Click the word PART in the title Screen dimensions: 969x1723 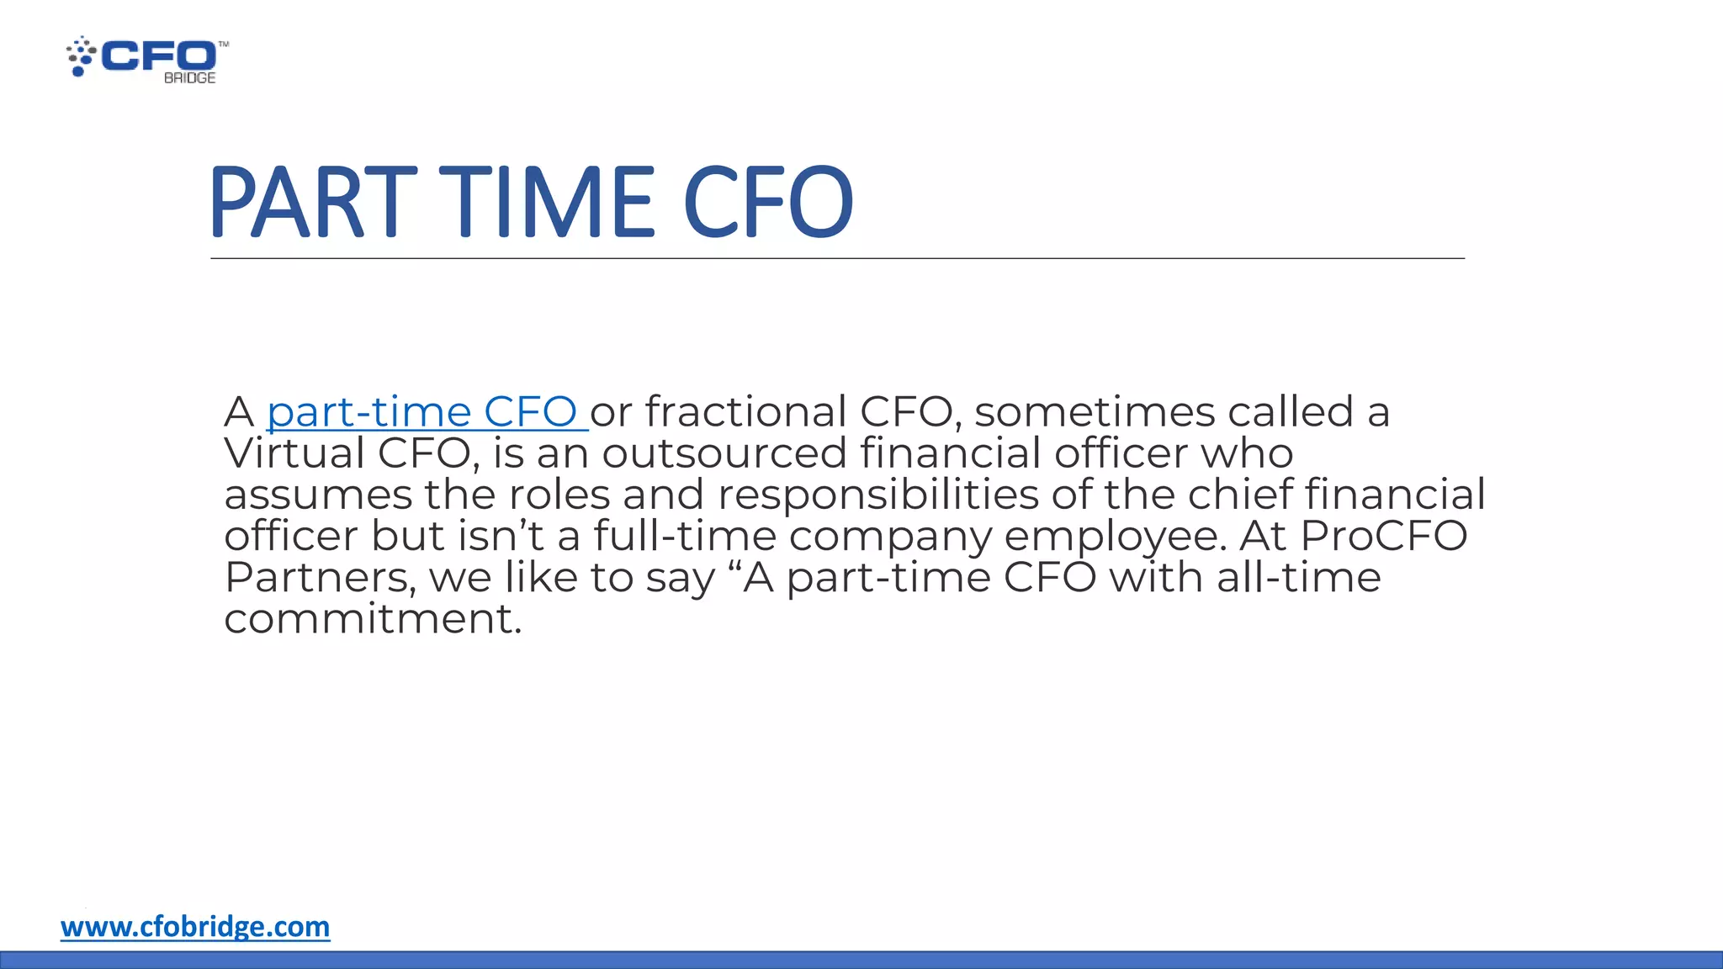[312, 202]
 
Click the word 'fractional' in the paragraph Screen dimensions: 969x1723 [745, 412]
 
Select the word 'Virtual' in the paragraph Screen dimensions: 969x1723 [294, 453]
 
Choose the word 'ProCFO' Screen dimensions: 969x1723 [1383, 536]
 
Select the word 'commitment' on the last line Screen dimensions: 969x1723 [372, 619]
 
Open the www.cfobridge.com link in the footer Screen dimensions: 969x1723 [195, 926]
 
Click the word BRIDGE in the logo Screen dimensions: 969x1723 [189, 78]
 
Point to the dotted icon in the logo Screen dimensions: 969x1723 [81, 56]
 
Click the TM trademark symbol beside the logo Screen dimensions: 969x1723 [223, 44]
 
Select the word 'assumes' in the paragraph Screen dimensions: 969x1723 [317, 495]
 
